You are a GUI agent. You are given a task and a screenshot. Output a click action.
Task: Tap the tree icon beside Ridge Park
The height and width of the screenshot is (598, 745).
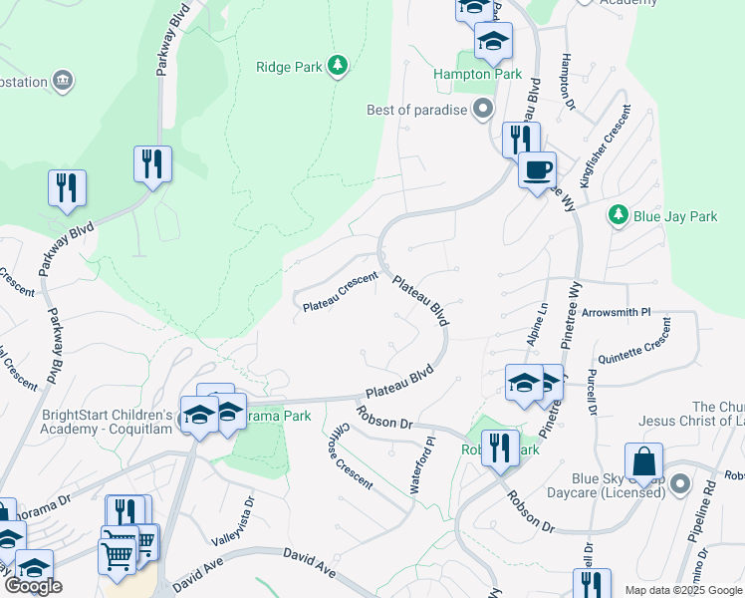pos(339,66)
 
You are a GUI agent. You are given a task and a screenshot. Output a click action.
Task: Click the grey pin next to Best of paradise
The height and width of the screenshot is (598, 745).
pos(484,109)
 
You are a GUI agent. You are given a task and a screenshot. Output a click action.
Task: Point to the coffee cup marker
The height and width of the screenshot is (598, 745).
pos(537,170)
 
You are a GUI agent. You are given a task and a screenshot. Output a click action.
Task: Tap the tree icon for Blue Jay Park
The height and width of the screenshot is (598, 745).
pos(619,215)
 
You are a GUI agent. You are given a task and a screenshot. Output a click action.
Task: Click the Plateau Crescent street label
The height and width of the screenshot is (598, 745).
pos(340,293)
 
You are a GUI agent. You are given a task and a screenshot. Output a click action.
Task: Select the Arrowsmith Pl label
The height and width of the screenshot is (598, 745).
pos(616,312)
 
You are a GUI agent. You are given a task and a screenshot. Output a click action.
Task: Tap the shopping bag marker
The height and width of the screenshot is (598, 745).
pos(643,463)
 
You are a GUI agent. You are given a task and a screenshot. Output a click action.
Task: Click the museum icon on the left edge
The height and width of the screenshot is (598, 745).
pos(64,80)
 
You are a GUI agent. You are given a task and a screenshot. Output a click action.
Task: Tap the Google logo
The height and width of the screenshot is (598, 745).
pos(32,586)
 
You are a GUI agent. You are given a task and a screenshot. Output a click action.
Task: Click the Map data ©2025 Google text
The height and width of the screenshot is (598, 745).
pos(683,590)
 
